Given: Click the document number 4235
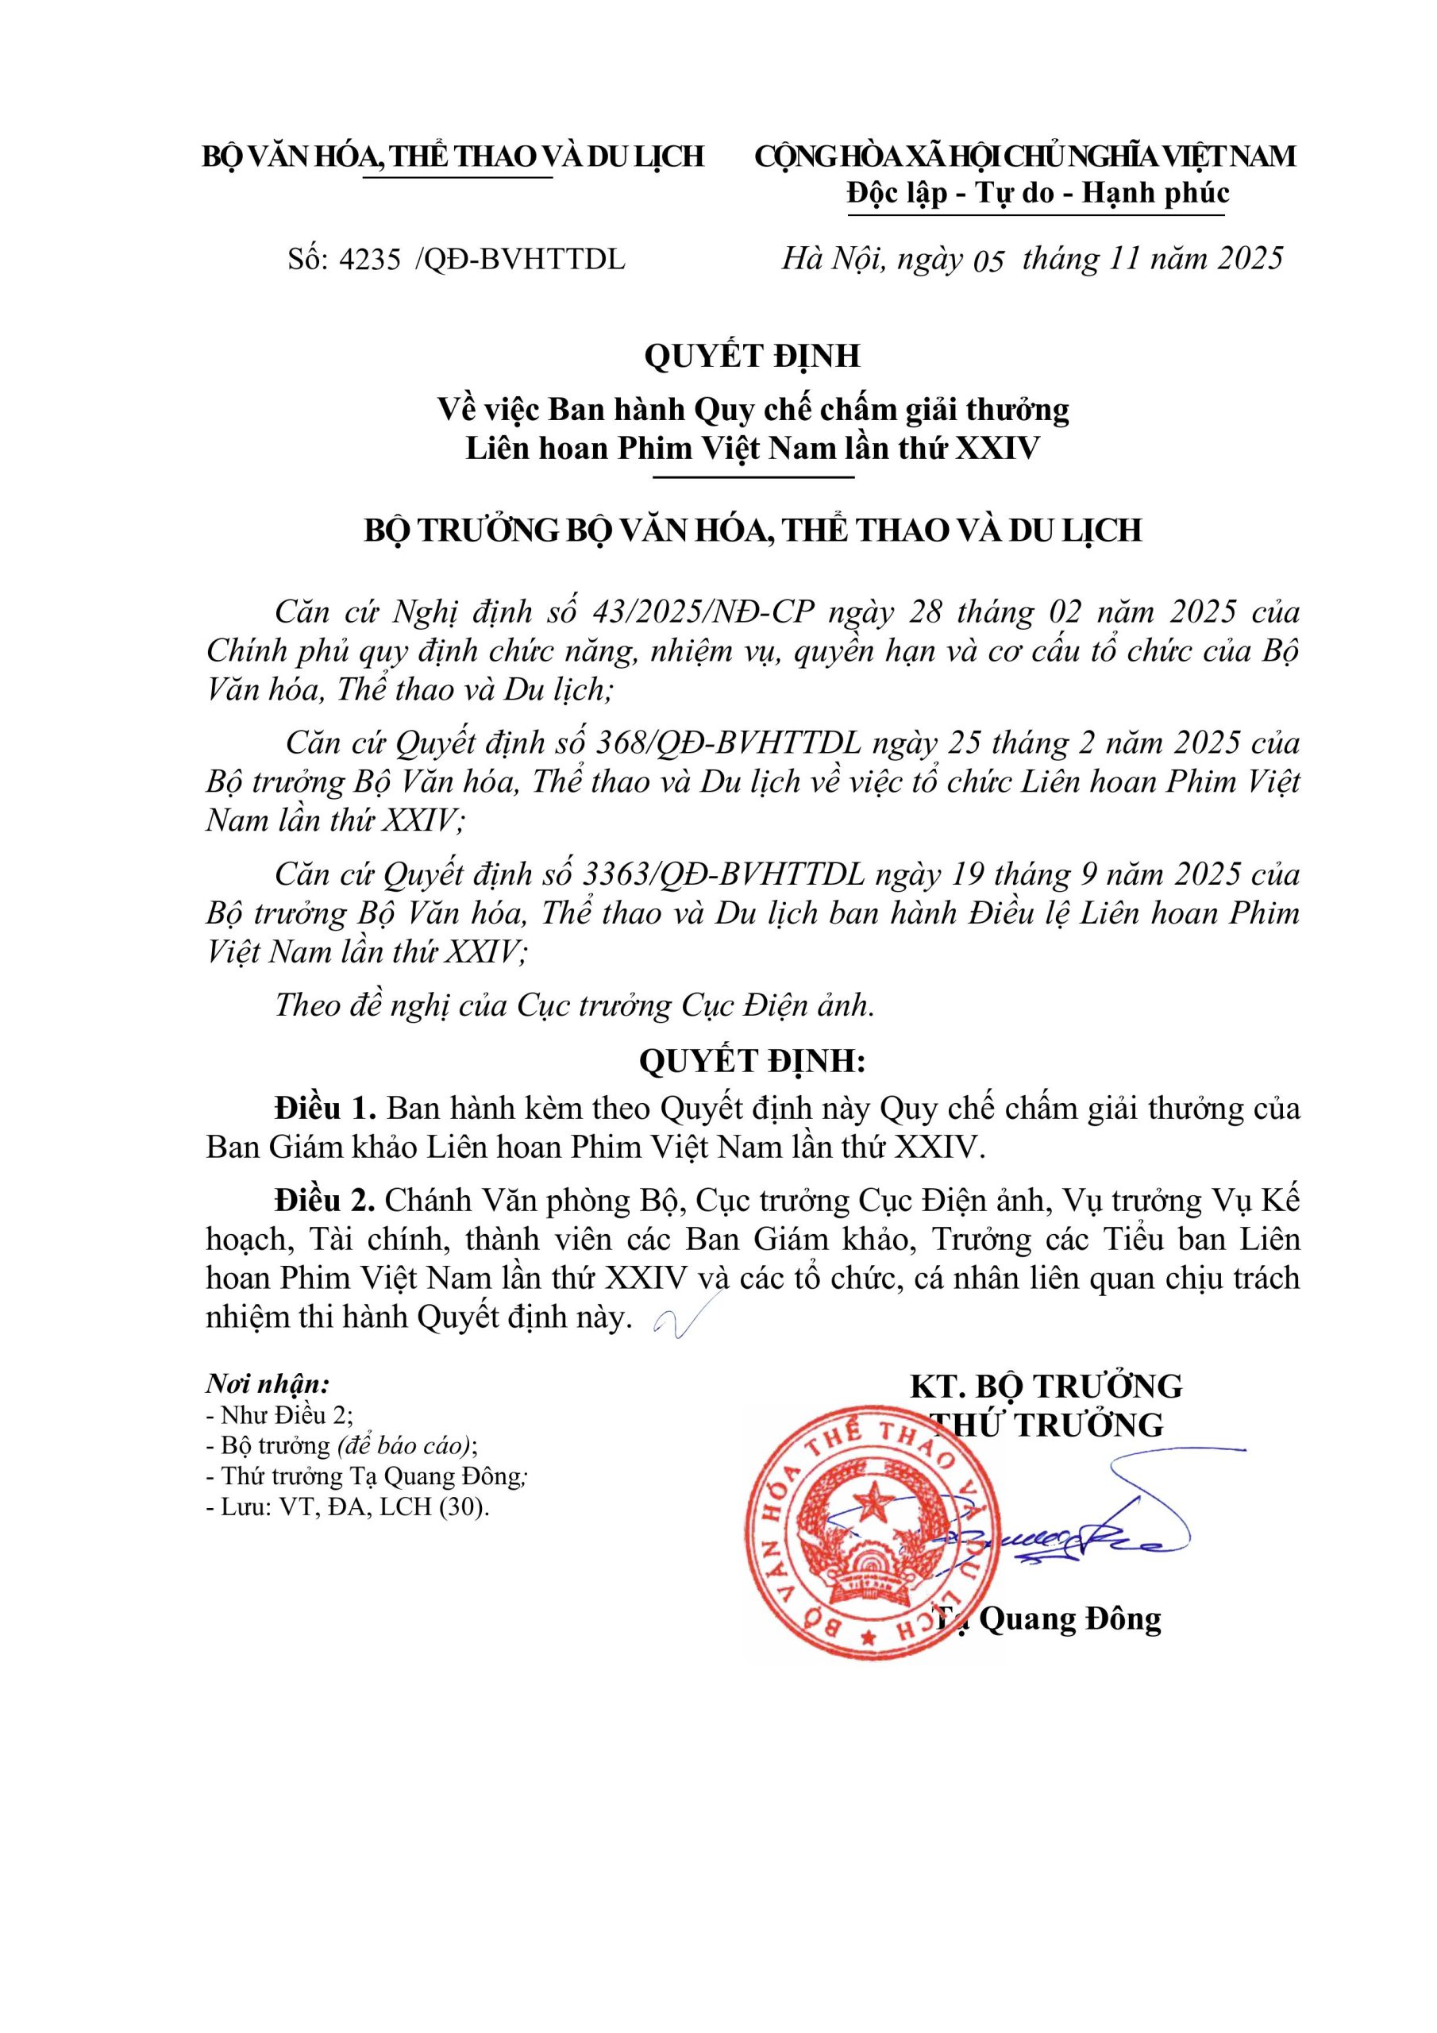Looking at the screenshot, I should (371, 260).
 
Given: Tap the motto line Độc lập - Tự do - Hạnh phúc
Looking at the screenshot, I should (1038, 193).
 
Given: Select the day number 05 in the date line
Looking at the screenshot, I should (988, 261).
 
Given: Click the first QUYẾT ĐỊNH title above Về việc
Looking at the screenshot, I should (752, 356).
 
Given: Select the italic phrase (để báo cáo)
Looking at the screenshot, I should (405, 1446).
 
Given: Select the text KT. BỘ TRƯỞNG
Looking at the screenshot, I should (1046, 1386).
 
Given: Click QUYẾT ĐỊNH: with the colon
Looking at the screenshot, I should (752, 1061).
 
